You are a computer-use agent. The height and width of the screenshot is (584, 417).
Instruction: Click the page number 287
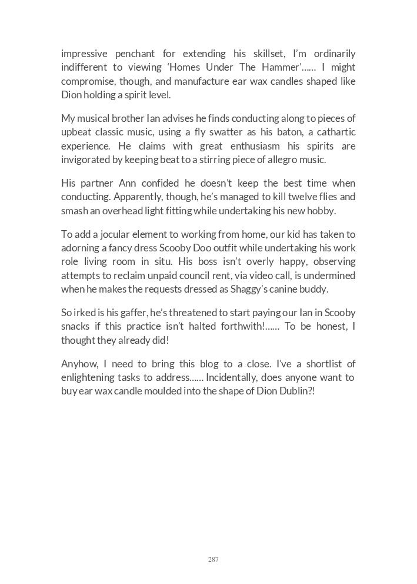tap(213, 559)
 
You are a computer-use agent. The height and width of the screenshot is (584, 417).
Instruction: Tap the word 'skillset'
tap(268, 54)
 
